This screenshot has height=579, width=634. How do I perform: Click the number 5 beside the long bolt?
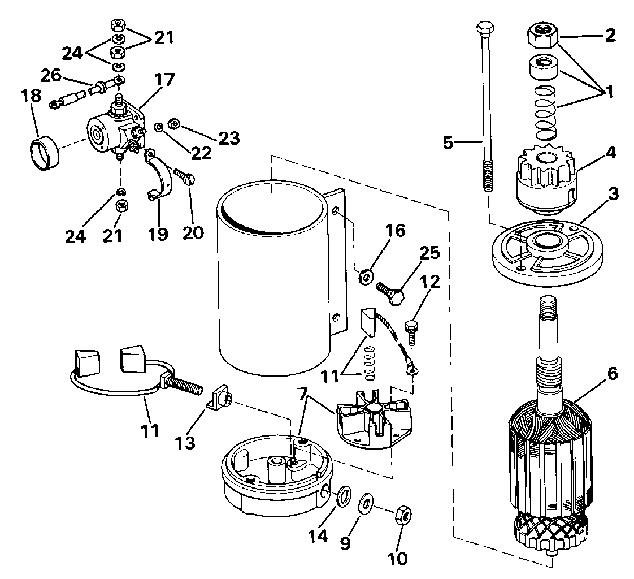click(448, 143)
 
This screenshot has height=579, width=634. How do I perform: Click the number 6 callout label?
click(612, 374)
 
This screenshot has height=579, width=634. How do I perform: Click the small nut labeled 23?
click(175, 124)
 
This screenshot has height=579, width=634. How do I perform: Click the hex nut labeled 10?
click(403, 514)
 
